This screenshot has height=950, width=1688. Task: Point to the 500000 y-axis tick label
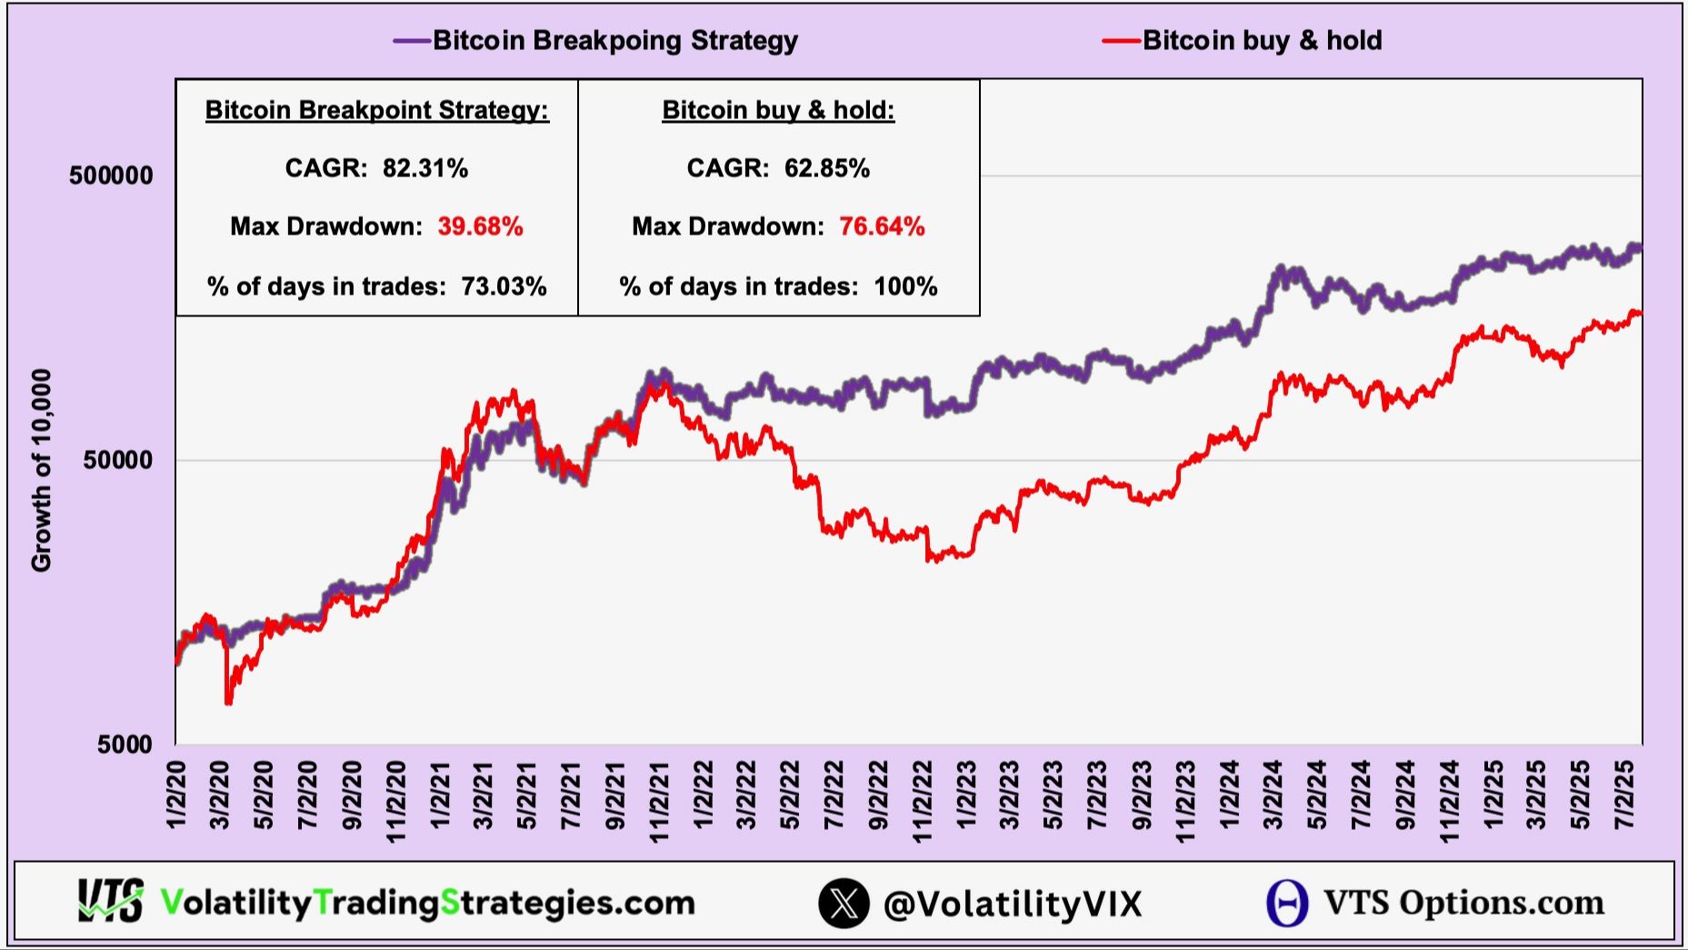click(x=111, y=175)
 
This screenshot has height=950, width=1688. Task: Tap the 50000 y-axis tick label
click(x=118, y=460)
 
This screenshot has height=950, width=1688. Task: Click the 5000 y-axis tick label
click(x=125, y=745)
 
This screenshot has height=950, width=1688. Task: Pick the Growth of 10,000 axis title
click(x=42, y=470)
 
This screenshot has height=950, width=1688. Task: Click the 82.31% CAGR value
click(x=424, y=168)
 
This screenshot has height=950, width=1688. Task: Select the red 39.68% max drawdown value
click(x=480, y=226)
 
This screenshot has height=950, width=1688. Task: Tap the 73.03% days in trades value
click(x=504, y=286)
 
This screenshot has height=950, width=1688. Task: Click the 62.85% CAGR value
click(x=827, y=168)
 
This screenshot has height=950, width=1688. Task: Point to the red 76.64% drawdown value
click(x=882, y=226)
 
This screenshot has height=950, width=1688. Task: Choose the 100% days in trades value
click(x=905, y=286)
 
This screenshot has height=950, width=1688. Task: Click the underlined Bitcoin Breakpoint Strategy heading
click(x=376, y=110)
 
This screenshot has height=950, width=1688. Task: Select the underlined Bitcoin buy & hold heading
click(x=778, y=110)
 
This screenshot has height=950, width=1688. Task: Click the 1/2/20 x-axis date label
click(x=176, y=795)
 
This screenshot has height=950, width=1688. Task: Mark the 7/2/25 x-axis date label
click(x=1625, y=795)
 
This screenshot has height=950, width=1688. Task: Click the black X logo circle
click(x=844, y=903)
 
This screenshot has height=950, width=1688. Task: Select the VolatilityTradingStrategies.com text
click(x=427, y=903)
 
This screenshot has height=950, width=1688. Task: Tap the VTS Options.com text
click(x=1463, y=903)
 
